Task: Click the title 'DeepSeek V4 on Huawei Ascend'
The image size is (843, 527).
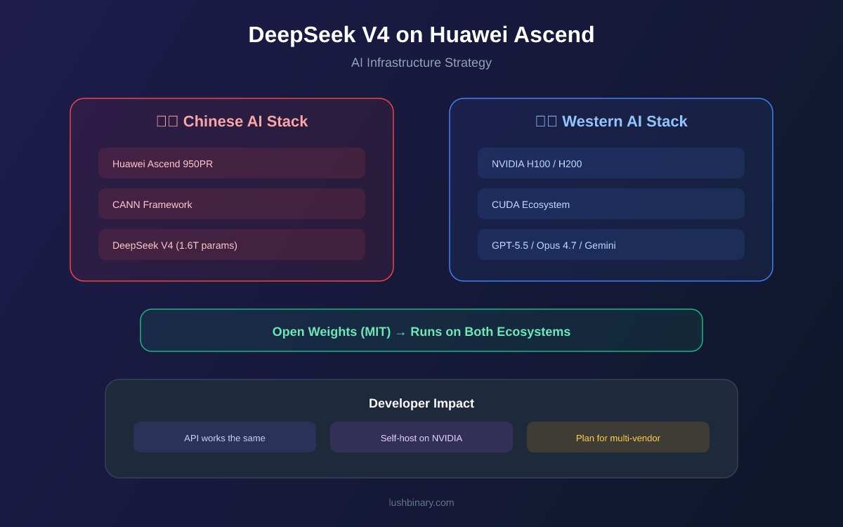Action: click(x=421, y=34)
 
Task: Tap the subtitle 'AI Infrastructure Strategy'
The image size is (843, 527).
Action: click(x=421, y=63)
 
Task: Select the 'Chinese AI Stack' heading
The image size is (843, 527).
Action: click(x=232, y=121)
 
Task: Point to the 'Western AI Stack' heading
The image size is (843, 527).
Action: click(x=611, y=121)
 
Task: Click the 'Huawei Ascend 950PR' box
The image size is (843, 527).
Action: click(x=232, y=163)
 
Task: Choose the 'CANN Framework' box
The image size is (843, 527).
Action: click(x=232, y=204)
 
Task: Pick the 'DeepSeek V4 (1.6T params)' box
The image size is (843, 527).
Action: click(x=232, y=245)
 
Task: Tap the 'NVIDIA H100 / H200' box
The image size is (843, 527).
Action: click(x=611, y=163)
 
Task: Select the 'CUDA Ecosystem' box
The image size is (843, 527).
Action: click(x=611, y=204)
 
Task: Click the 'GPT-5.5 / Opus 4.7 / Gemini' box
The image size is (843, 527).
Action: click(x=611, y=245)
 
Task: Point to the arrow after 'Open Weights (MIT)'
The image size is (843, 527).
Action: click(x=400, y=333)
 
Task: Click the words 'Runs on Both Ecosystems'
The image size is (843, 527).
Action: click(x=490, y=332)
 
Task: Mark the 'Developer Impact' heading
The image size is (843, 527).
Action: click(x=421, y=403)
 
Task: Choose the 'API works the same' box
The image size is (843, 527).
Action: click(x=225, y=437)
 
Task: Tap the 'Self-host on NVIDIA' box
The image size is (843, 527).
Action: click(x=421, y=437)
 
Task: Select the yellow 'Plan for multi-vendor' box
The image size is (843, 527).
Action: click(x=618, y=437)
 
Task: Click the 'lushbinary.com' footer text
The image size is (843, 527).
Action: click(x=421, y=502)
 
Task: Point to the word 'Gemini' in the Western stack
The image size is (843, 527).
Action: click(x=600, y=245)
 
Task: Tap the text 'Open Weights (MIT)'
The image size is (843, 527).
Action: click(x=332, y=332)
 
